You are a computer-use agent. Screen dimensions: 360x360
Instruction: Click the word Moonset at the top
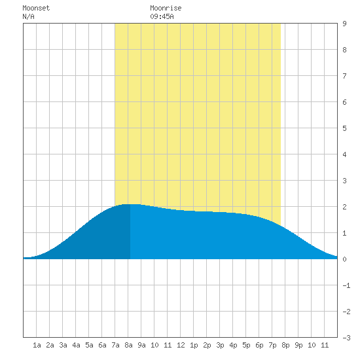point(36,8)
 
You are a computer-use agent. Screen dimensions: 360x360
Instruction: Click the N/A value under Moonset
point(28,16)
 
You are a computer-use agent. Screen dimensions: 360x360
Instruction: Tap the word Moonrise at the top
point(166,8)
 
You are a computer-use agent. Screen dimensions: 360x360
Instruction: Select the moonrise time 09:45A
point(162,16)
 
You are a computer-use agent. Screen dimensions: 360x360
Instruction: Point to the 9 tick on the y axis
point(344,24)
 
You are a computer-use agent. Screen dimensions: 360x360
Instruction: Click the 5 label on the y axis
point(344,128)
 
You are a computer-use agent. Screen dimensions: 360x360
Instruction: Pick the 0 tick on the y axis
point(344,259)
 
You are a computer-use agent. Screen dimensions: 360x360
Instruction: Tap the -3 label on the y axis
point(346,338)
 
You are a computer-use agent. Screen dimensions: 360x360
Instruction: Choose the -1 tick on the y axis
point(346,285)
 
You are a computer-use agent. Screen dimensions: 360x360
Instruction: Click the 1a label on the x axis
point(37,345)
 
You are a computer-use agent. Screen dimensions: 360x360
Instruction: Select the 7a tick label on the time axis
point(115,345)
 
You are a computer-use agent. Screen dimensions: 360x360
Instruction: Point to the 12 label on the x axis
point(181,345)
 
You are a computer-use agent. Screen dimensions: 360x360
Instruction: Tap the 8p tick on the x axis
point(285,345)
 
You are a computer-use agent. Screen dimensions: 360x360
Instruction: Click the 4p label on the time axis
point(233,345)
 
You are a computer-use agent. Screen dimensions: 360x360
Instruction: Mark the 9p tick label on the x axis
point(298,345)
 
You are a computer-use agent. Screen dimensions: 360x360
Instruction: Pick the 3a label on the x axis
point(63,345)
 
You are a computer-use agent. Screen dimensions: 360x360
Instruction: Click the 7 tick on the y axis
point(344,76)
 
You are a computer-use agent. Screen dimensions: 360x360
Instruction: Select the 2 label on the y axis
point(344,207)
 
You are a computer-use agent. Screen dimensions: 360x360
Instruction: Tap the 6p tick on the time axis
point(259,345)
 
